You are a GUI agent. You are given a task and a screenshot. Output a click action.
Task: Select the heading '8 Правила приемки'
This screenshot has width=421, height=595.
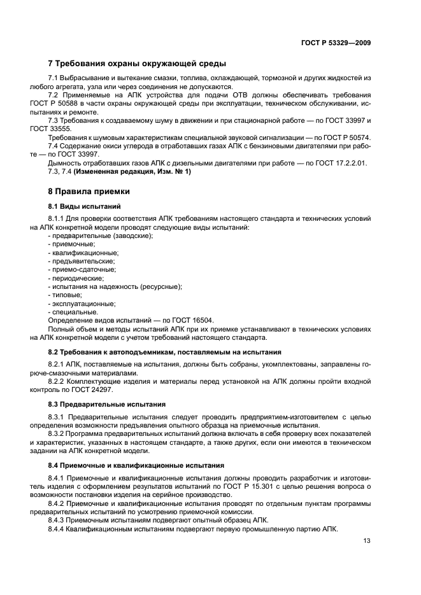[89, 191]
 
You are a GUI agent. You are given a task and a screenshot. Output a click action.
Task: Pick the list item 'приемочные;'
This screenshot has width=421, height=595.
[73, 244]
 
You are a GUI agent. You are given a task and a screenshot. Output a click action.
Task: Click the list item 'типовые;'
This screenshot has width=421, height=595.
[66, 295]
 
